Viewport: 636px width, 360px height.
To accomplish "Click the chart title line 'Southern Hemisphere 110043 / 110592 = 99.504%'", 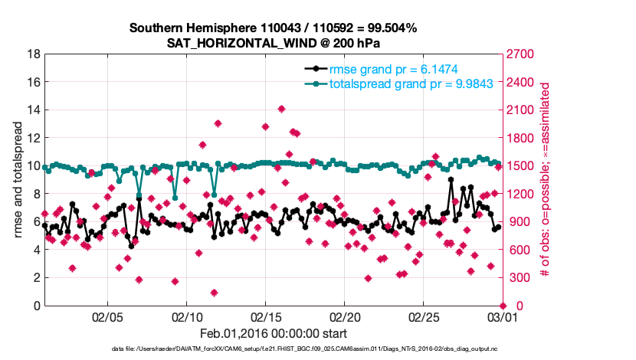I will click(273, 28).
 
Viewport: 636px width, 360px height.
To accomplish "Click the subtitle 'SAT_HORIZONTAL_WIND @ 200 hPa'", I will click(273, 44).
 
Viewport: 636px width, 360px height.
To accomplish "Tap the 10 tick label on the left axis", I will click(34, 166).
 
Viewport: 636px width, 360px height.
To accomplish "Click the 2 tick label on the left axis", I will click(37, 278).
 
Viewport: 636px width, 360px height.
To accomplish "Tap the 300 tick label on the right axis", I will click(516, 278).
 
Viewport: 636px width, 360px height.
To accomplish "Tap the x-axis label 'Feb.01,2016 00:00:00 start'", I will click(273, 333).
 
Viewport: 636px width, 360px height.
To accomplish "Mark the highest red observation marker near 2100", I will click(281, 109).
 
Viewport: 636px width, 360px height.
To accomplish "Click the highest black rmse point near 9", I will click(451, 180).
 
